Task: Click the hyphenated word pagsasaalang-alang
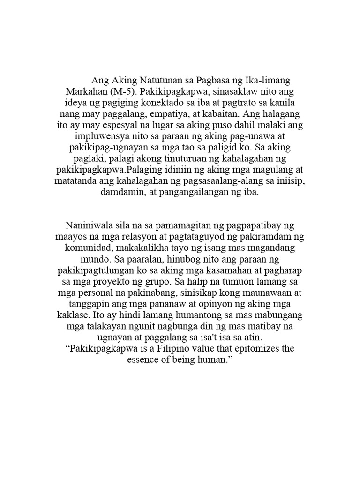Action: point(211,180)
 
